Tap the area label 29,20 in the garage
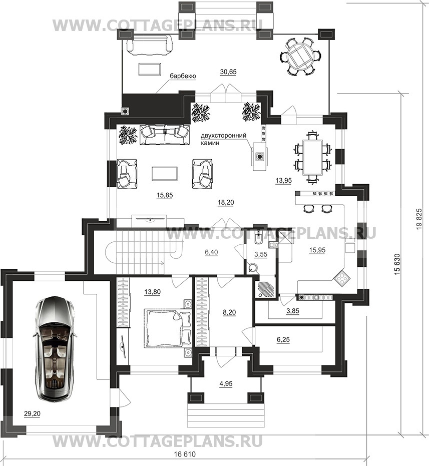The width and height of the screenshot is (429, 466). coord(33,413)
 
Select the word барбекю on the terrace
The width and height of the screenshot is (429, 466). coord(183,76)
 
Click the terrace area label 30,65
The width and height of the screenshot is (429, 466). coord(228,72)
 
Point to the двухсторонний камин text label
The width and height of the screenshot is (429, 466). coord(223,139)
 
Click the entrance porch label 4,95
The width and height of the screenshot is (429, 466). coord(226,384)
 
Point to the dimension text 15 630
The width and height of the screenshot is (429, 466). coord(398,264)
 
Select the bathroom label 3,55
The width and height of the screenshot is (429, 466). coord(261,254)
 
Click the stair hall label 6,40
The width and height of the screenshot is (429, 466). coord(211,252)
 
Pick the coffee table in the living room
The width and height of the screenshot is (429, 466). coord(165,173)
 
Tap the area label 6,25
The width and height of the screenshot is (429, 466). coord(283,339)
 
